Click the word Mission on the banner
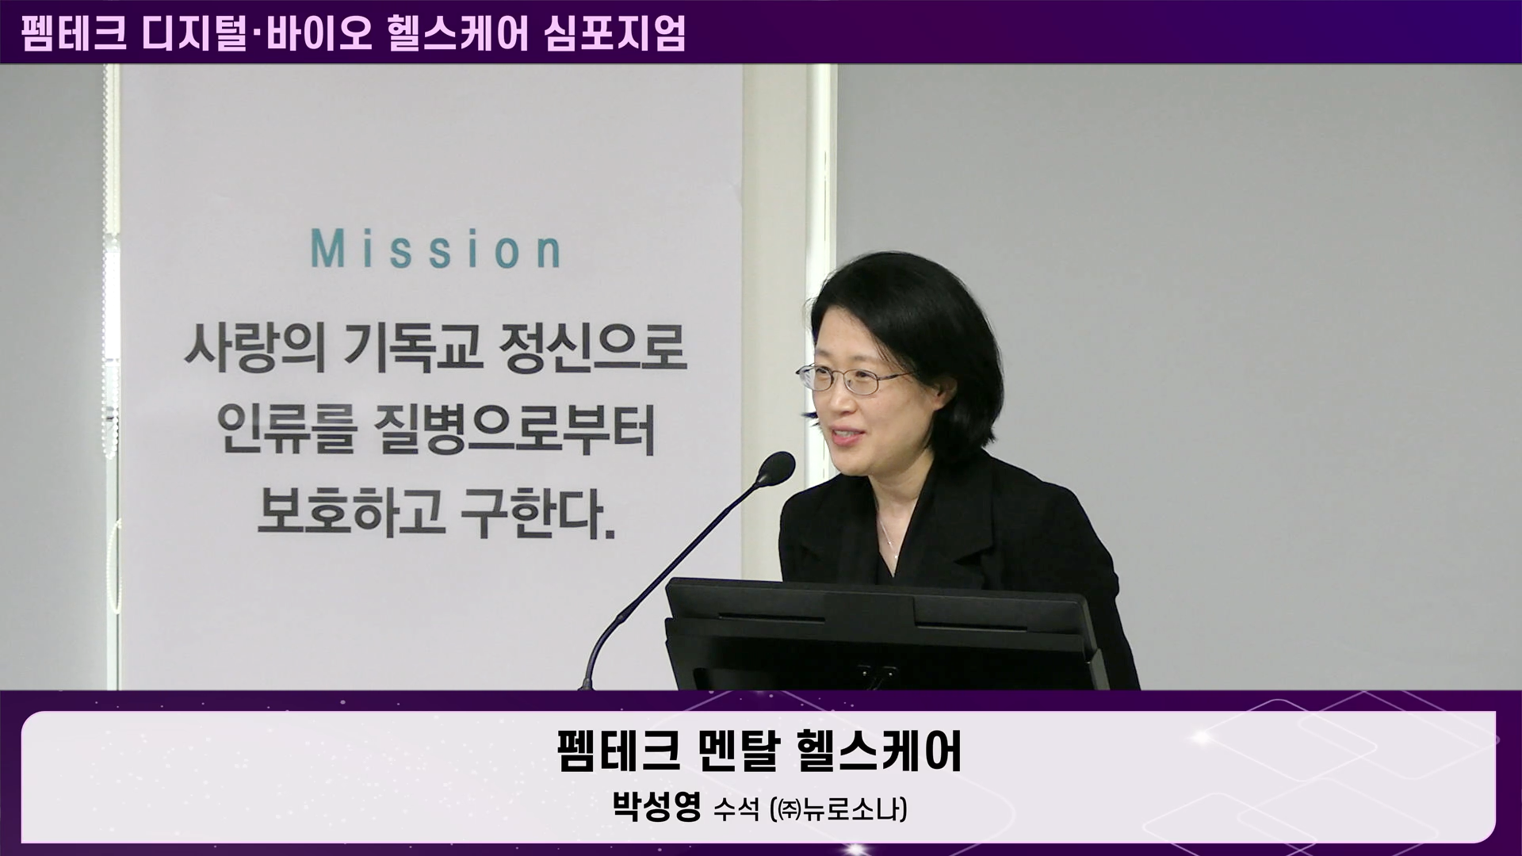click(436, 249)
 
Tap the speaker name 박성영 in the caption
click(657, 808)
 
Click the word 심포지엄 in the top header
click(615, 34)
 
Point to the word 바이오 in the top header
click(319, 34)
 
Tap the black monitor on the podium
click(883, 634)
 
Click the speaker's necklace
click(889, 539)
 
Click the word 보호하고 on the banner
click(350, 515)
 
